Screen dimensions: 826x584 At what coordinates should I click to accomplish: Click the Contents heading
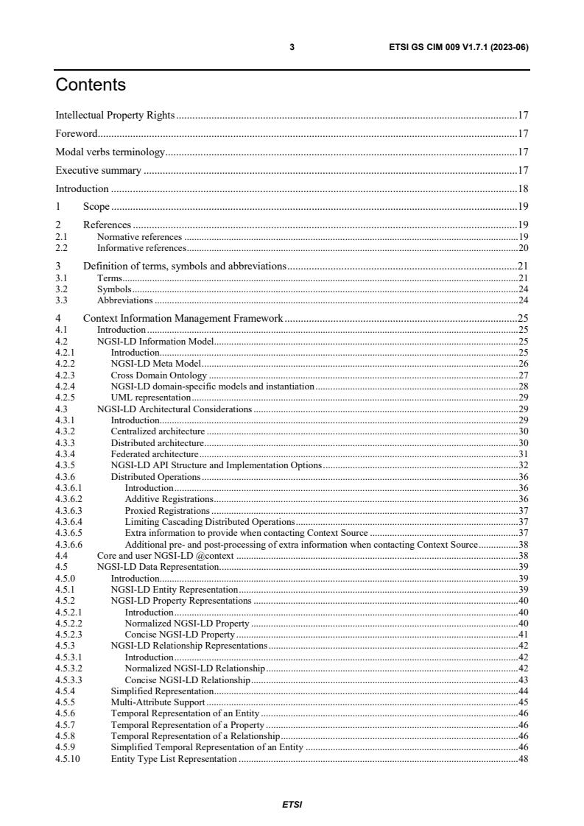point(91,85)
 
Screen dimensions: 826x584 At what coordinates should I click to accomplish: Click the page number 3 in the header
point(292,47)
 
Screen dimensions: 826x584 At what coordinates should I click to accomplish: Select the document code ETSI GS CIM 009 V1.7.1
point(459,47)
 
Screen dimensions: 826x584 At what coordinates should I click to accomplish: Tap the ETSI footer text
point(292,805)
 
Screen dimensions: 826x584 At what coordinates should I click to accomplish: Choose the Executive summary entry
point(99,170)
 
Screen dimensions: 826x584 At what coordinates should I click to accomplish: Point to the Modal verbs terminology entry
point(110,152)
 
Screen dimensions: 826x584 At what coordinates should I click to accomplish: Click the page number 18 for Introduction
point(523,188)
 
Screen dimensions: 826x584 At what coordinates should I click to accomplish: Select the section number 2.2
point(62,248)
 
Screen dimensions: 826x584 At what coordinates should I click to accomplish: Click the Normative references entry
point(139,237)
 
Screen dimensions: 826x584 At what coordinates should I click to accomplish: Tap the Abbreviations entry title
point(125,300)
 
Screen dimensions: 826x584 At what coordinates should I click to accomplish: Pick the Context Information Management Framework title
point(183,318)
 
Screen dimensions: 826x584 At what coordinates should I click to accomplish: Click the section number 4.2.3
point(65,375)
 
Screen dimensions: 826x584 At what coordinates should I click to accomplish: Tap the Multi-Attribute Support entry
point(158,702)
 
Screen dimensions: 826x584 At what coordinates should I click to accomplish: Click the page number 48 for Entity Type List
point(523,759)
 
